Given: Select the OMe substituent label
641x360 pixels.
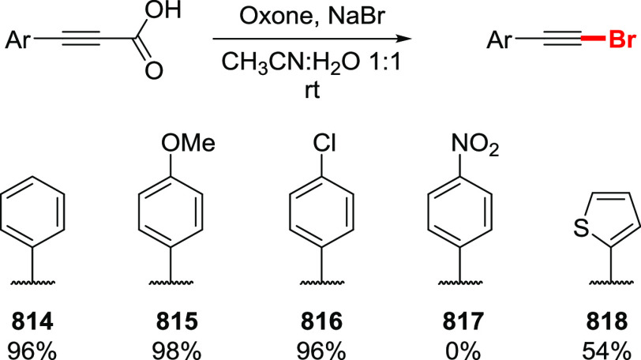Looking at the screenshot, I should [178, 142].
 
